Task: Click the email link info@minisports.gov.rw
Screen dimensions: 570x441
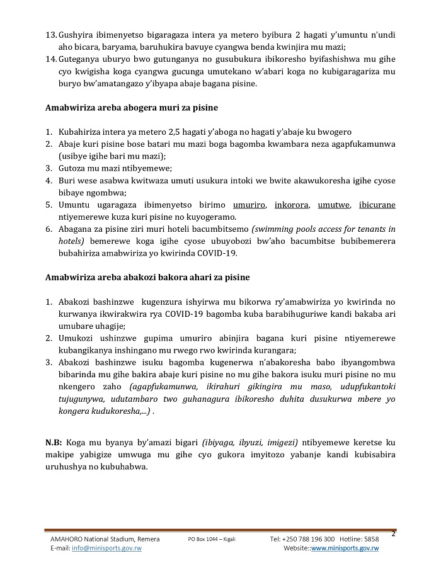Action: (106, 549)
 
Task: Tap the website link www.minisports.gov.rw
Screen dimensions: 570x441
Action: (345, 549)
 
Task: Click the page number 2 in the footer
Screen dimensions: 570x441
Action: (393, 535)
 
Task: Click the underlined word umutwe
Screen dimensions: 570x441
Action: (333, 205)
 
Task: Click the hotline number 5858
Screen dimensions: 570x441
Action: (372, 539)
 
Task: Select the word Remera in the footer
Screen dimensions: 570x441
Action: (146, 539)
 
